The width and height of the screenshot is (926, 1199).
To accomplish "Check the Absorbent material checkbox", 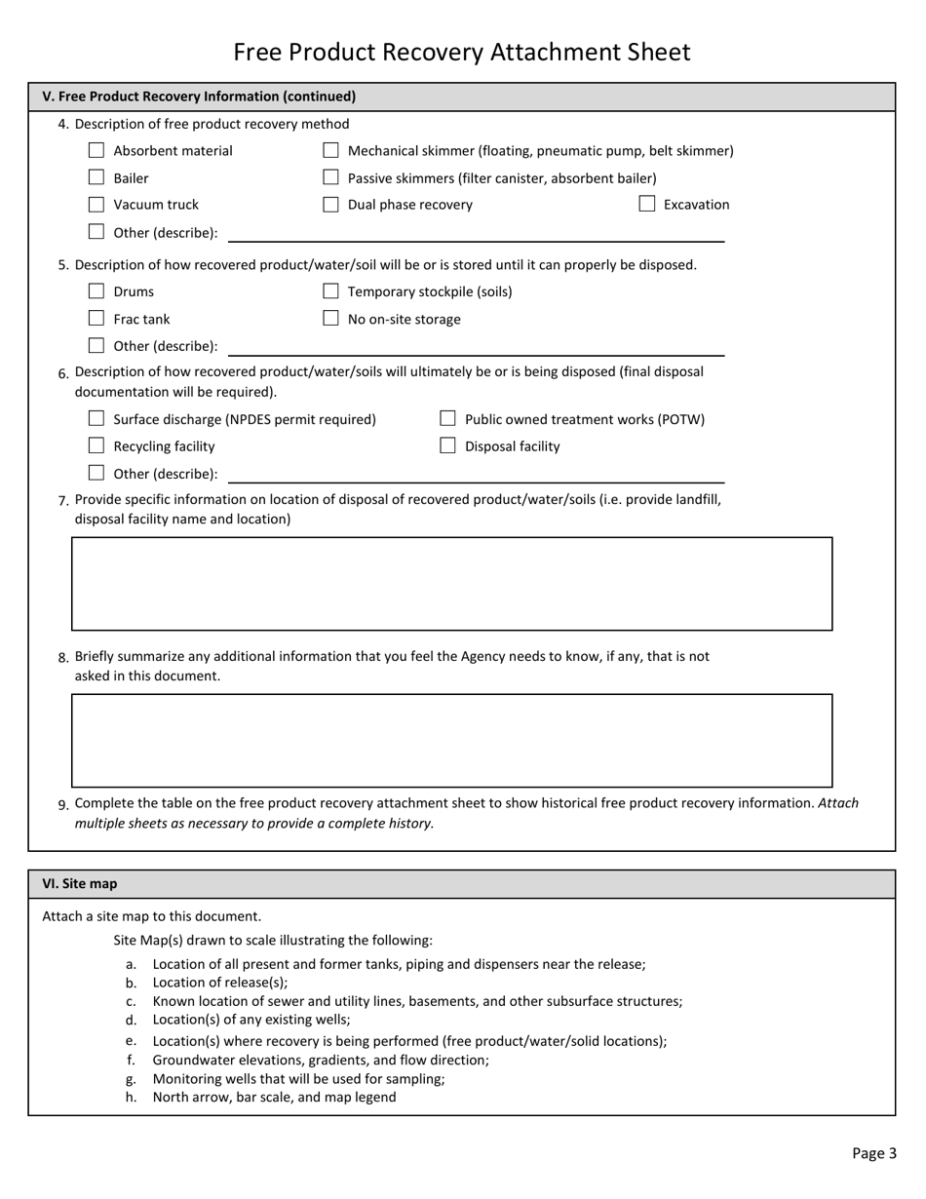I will pos(96,151).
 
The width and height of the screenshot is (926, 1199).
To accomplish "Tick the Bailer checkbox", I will pos(96,177).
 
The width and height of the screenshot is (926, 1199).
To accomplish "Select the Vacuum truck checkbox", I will pos(96,205).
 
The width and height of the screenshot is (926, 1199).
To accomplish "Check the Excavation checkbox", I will pos(647,205).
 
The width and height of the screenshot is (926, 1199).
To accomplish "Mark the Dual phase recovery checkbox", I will pos(330,205).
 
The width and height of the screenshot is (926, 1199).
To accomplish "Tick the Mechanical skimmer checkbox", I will pos(330,151).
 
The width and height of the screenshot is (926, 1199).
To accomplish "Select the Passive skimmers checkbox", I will pos(330,177).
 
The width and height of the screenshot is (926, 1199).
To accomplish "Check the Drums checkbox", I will pos(96,291).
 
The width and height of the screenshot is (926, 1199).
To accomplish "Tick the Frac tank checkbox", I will pos(96,319).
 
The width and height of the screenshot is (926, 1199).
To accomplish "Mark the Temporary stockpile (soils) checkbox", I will pos(330,291).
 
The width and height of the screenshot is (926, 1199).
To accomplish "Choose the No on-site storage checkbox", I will pos(330,319).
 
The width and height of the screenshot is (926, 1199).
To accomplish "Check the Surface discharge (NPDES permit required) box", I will pos(96,419).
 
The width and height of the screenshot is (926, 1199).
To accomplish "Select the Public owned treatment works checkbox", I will pos(448,419).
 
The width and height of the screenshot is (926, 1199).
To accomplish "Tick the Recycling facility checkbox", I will pos(96,446).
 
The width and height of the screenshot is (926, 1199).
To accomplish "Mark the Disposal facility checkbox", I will pos(448,446).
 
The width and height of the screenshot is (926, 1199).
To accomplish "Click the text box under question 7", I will pos(451,584).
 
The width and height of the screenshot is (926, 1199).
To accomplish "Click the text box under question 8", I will pos(451,741).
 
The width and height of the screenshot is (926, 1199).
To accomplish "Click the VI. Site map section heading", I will pos(80,884).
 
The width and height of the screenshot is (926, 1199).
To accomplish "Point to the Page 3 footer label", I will pos(873,1153).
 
